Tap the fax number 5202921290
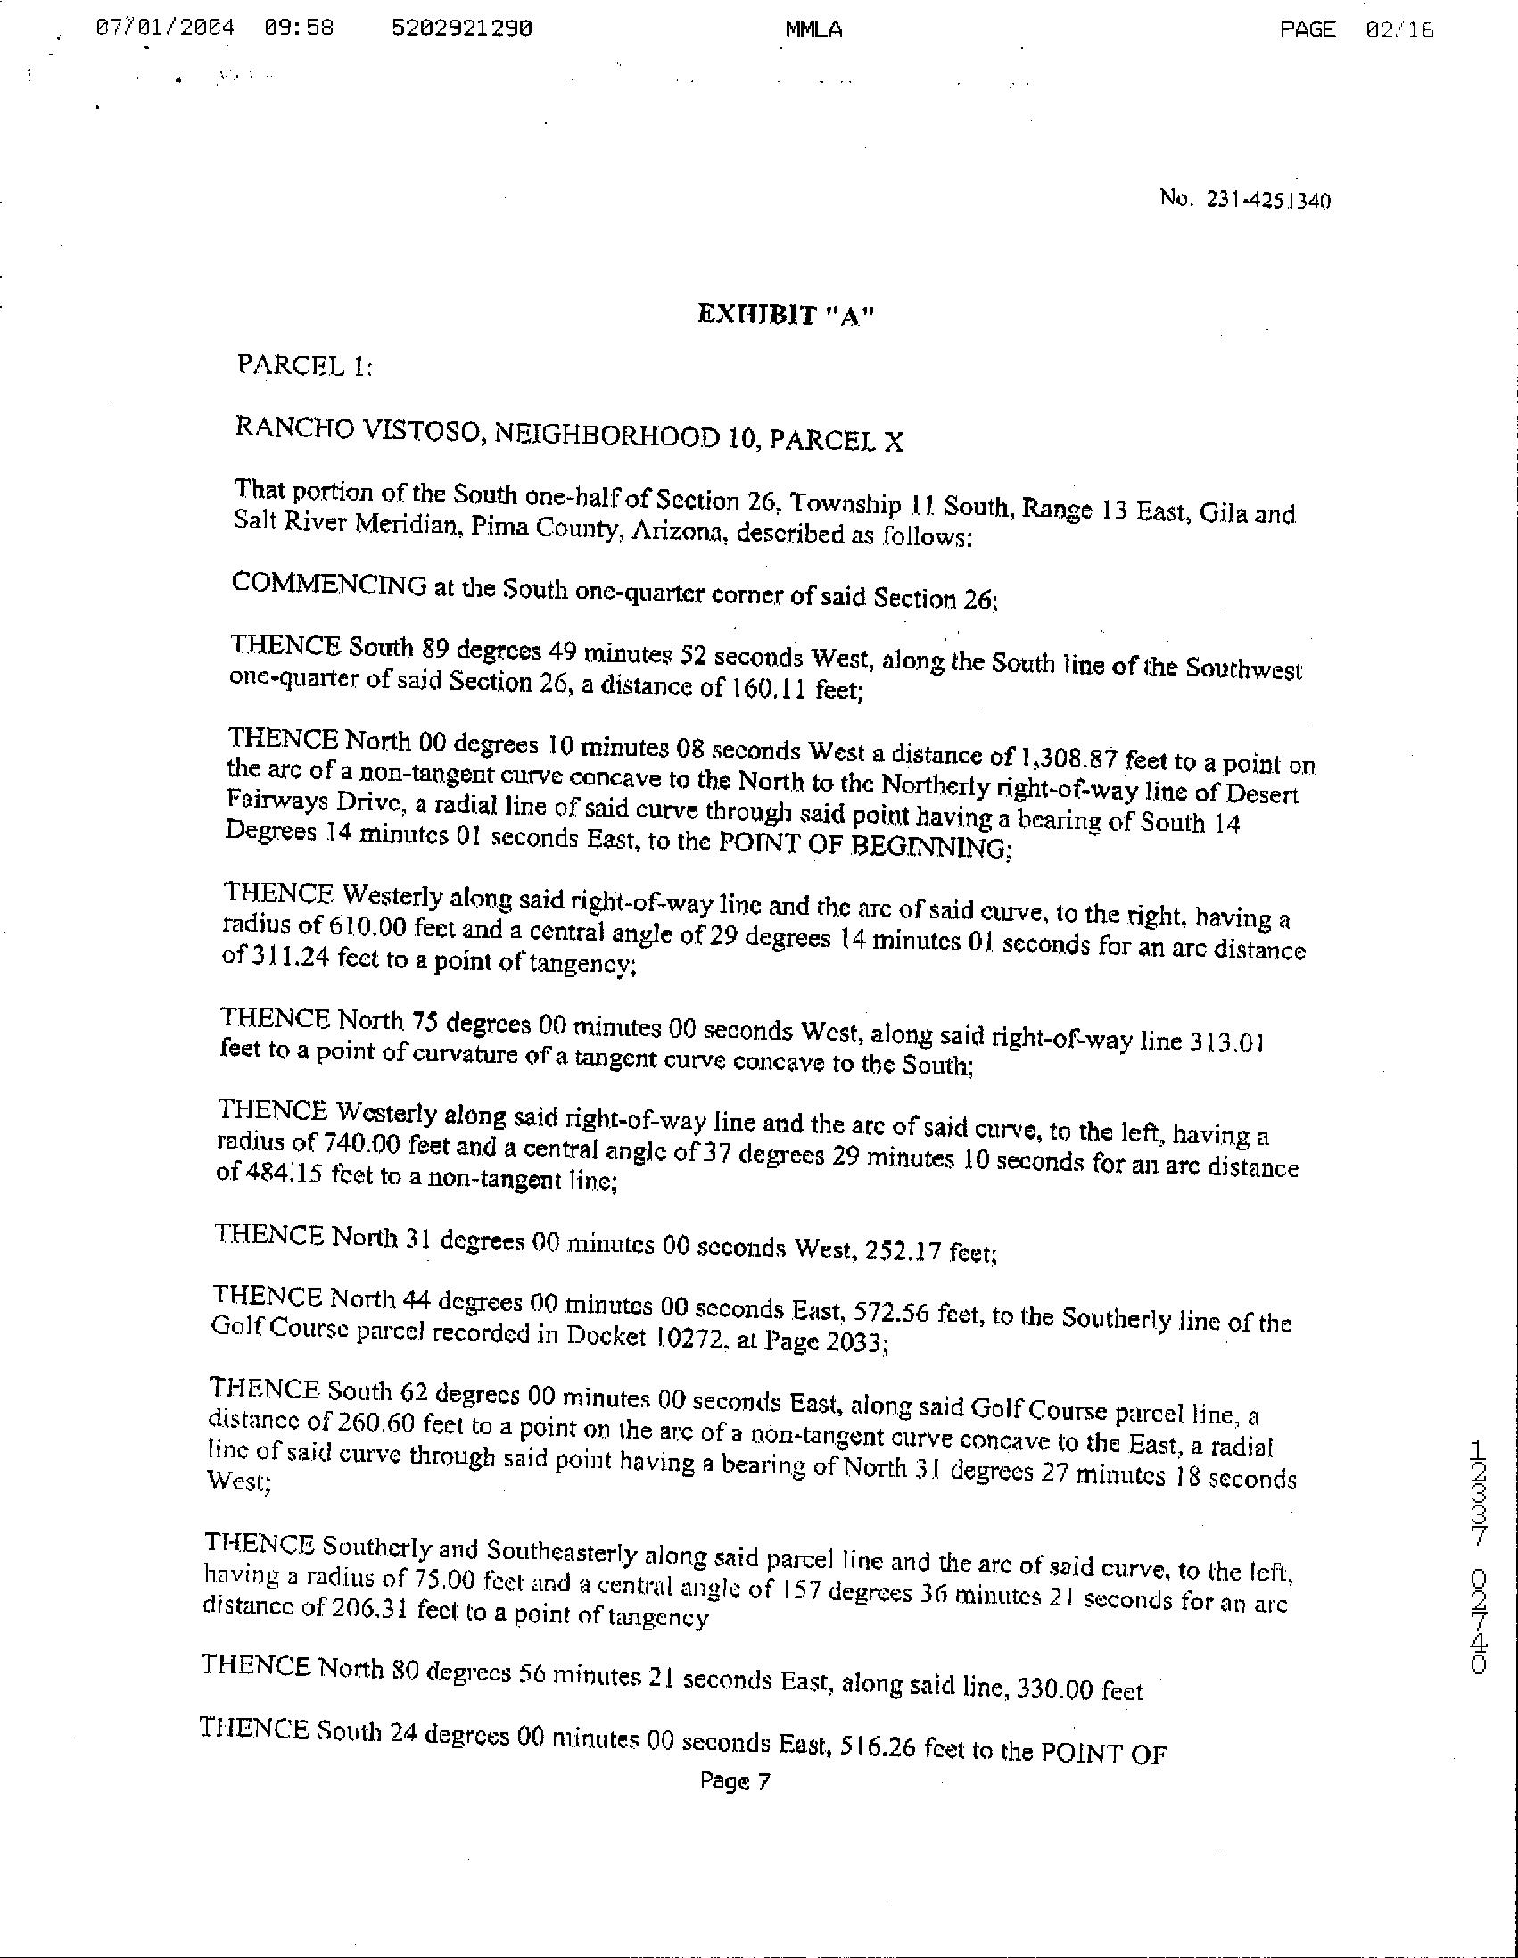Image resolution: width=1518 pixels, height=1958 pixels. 461,28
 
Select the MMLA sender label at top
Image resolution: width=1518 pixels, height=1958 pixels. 813,29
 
